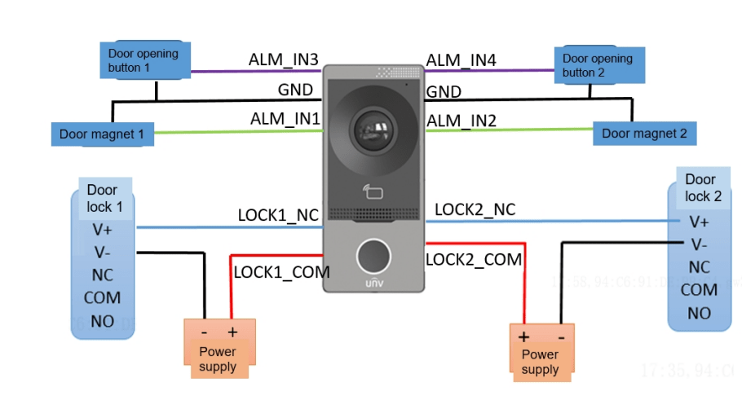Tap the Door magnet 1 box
pyautogui.click(x=102, y=134)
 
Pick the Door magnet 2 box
pyautogui.click(x=644, y=133)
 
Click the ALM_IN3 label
pyautogui.click(x=283, y=60)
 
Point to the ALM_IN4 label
pyautogui.click(x=461, y=60)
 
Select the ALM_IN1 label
pyautogui.click(x=285, y=119)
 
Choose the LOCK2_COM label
pyautogui.click(x=474, y=259)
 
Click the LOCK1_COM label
pyautogui.click(x=281, y=272)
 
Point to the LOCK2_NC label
pyautogui.click(x=475, y=209)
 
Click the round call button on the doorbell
pyautogui.click(x=373, y=256)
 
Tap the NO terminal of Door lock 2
pyautogui.click(x=699, y=313)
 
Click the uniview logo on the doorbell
pyautogui.click(x=373, y=284)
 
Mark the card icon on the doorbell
pyautogui.click(x=373, y=192)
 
